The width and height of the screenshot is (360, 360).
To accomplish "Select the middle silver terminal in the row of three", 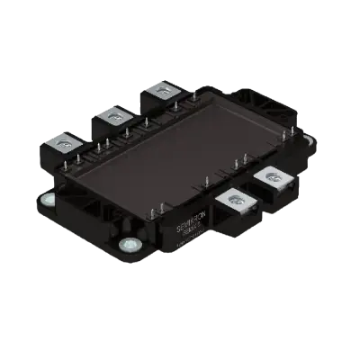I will pos(112,114).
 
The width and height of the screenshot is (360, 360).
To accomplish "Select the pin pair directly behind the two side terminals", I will pos(241,163).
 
